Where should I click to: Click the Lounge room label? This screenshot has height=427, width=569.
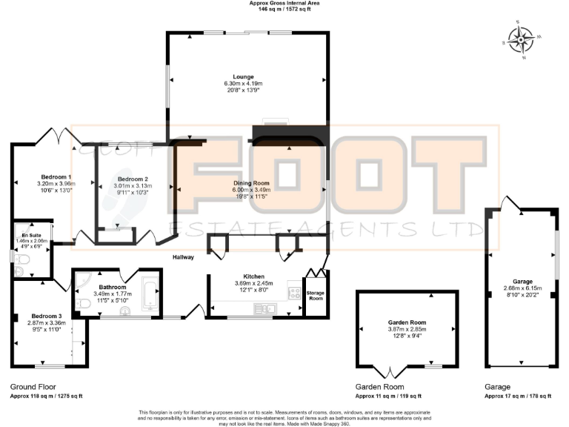click(x=243, y=76)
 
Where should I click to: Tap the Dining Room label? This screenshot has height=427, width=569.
click(x=251, y=182)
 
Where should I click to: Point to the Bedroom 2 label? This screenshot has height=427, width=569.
click(x=132, y=179)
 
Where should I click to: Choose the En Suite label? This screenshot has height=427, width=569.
click(x=31, y=235)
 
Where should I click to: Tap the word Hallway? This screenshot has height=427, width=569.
click(x=183, y=257)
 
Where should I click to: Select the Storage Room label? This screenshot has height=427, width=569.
click(x=316, y=296)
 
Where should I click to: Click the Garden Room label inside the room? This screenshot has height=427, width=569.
click(x=407, y=323)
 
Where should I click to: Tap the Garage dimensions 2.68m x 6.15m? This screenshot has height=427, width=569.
click(x=522, y=288)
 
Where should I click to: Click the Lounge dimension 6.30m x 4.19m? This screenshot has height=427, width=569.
click(x=243, y=84)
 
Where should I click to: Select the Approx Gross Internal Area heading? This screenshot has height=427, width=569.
click(x=284, y=4)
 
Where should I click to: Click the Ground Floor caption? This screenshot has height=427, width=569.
click(x=33, y=387)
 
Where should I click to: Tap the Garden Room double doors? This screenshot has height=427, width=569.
click(x=393, y=372)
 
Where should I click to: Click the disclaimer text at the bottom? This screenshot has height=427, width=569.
click(x=284, y=416)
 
